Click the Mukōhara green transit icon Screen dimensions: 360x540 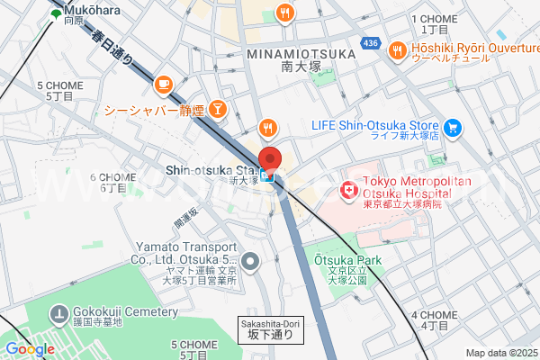[57, 14]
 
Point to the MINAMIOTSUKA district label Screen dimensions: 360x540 [301, 54]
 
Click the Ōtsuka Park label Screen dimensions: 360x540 [347, 261]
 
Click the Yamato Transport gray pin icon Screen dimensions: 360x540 [251, 263]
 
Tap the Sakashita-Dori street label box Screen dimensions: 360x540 [270, 329]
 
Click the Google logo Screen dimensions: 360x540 [30, 349]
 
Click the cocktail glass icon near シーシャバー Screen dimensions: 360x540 [218, 110]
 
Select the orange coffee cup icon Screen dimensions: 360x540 [163, 84]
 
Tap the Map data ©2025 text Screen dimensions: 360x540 [500, 353]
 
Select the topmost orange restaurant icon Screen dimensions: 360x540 [285, 12]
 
